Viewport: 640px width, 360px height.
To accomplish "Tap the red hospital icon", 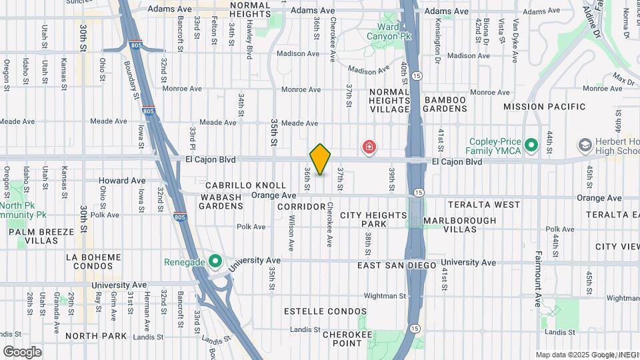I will (x=368, y=146).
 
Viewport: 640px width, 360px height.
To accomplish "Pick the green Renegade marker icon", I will (x=215, y=261).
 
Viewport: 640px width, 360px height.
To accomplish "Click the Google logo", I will (x=22, y=352).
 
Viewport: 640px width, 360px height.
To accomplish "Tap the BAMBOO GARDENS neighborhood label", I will (x=445, y=104).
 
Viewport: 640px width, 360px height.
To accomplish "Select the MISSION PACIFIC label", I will (x=544, y=107).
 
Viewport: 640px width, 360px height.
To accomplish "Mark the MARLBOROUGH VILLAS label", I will (x=460, y=225).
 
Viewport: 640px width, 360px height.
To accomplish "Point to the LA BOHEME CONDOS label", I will (x=94, y=261).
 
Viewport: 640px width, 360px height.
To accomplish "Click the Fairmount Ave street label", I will (x=539, y=279).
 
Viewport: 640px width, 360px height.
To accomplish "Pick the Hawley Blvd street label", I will (x=250, y=41).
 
